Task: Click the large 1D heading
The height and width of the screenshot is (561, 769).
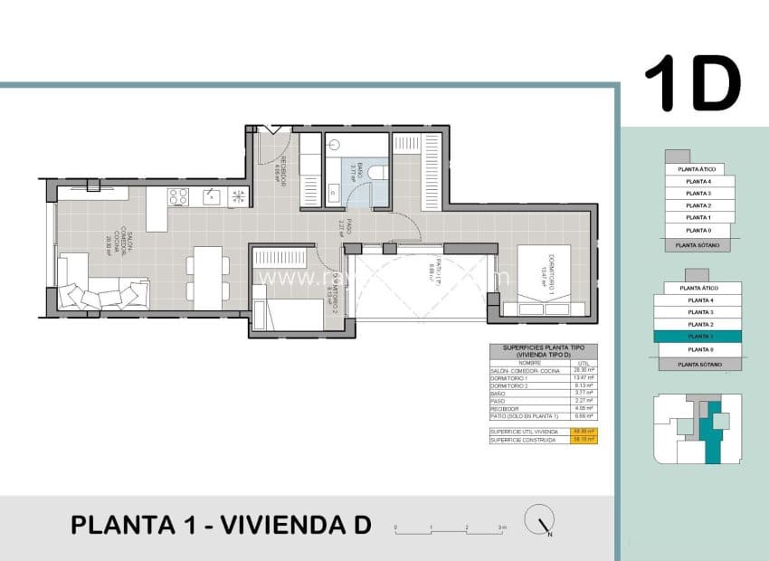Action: tap(692, 83)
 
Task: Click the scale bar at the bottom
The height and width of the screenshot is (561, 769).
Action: tap(450, 526)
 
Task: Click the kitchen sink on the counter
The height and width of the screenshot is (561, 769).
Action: tap(211, 195)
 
